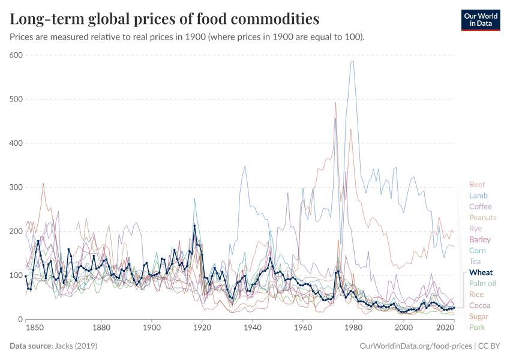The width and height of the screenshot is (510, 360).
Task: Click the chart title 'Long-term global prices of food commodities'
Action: click(164, 19)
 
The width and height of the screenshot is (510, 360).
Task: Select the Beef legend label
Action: click(477, 185)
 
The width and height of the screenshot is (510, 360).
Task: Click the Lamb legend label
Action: click(478, 196)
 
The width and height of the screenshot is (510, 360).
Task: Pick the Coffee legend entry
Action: click(480, 206)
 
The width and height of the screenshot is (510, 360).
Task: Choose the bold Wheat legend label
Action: click(481, 272)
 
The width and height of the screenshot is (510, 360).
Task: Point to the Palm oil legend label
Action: click(482, 283)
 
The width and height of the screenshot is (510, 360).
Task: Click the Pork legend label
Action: click(476, 327)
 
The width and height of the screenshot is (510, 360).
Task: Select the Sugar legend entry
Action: click(478, 316)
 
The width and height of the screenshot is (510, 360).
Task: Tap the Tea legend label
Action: click(475, 261)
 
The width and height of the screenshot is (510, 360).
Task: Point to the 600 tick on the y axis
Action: click(16, 55)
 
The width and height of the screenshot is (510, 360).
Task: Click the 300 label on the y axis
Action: click(16, 187)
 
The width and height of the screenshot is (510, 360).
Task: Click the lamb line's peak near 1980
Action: click(353, 61)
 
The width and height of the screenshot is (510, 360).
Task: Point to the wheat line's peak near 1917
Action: click(194, 226)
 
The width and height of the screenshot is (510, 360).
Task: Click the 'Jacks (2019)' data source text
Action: click(76, 346)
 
